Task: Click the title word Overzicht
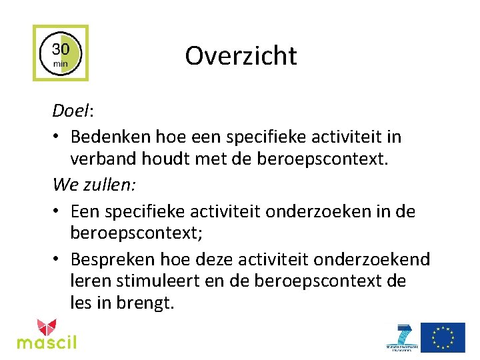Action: click(241, 55)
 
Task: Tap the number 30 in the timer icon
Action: click(61, 49)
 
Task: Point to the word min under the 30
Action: click(61, 64)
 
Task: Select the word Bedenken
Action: click(110, 137)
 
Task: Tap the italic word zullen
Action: click(109, 183)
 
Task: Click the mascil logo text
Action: click(47, 343)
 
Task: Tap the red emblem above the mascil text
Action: click(47, 327)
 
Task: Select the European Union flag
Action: click(443, 337)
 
